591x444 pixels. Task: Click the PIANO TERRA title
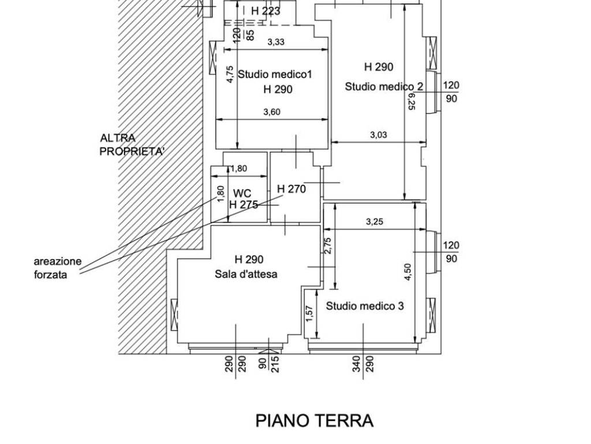tap(315, 421)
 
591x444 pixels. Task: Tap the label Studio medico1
tap(275, 74)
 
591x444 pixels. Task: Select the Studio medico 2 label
tap(384, 87)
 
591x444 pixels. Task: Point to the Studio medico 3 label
tap(365, 306)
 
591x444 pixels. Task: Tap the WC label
tap(242, 193)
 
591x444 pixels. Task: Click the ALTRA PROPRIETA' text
tap(132, 145)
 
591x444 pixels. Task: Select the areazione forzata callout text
tap(57, 268)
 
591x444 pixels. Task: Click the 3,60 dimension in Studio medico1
tap(271, 113)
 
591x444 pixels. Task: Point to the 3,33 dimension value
tap(276, 42)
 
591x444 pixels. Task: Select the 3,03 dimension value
tap(378, 135)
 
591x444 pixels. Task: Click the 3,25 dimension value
tap(375, 221)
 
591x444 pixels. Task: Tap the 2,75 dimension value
tap(328, 246)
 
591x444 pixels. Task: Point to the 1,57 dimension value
tap(309, 314)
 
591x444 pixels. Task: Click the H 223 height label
tap(265, 11)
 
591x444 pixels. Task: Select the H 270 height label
tap(291, 189)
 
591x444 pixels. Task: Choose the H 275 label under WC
tap(243, 204)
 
